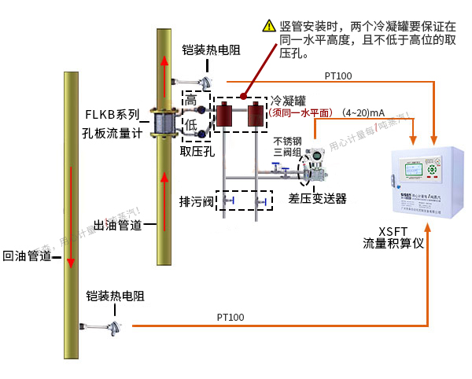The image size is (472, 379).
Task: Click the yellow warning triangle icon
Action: coord(268,25)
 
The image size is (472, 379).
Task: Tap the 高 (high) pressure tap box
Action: coord(190,101)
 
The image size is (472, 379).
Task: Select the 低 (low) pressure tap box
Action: coord(190,125)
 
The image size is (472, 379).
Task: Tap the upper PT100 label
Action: coord(338,76)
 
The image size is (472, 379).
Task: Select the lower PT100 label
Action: coord(230,317)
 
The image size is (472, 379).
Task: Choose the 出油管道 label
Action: coord(118,226)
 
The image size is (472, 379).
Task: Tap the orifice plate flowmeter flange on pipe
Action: coord(164,125)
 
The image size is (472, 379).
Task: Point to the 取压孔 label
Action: coord(197,151)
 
